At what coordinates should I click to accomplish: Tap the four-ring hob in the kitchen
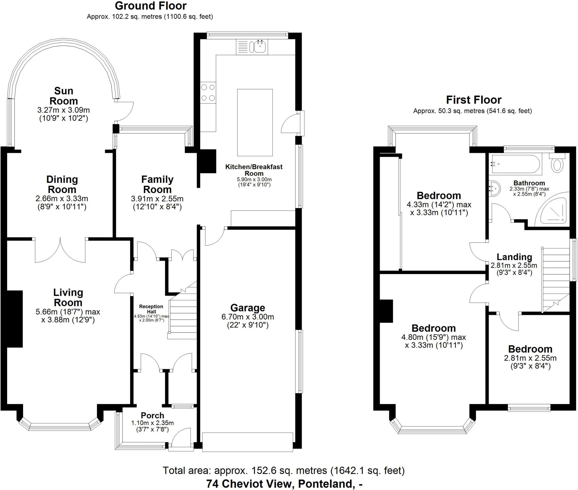pos(208,93)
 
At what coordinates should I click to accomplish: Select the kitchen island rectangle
pos(255,123)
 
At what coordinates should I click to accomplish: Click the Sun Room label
pos(64,96)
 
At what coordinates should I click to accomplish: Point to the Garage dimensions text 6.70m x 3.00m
pos(248,317)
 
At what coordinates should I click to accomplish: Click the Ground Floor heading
pos(151,6)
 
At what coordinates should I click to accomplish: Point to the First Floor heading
pos(474,100)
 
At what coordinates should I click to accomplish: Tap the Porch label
pos(152,415)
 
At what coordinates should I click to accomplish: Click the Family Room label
pos(157,184)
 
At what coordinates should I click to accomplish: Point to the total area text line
pos(284,471)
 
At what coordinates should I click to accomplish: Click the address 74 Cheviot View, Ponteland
pos(284,484)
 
